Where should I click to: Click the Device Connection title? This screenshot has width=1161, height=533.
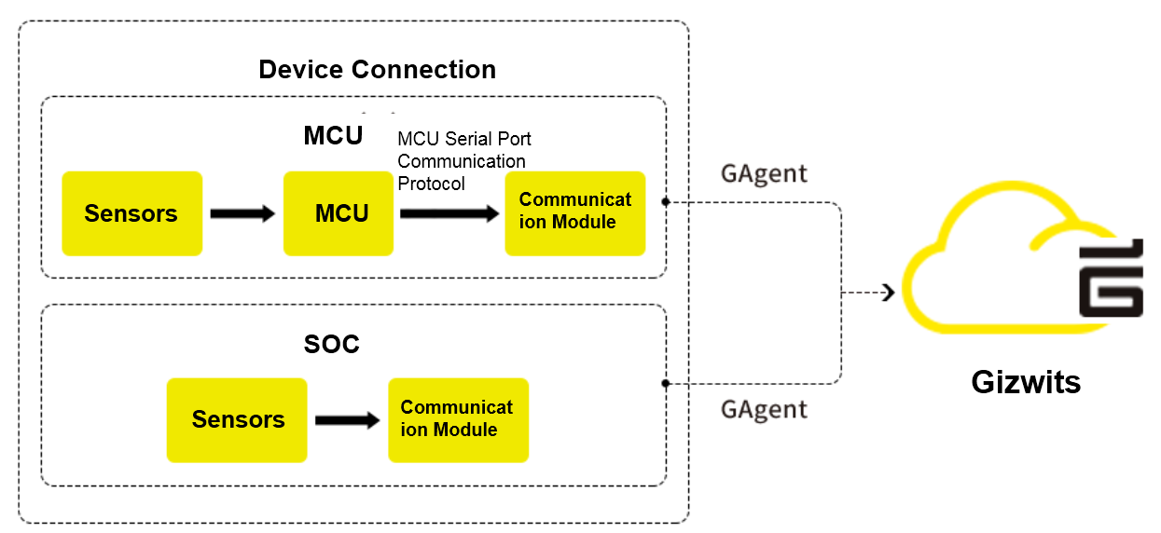pos(377,70)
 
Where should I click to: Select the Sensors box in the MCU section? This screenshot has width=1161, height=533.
pos(131,213)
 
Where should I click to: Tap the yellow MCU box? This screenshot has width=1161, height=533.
pos(339,213)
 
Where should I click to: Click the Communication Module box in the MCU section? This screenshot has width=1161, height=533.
pos(574,213)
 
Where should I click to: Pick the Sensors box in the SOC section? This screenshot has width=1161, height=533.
pos(237,420)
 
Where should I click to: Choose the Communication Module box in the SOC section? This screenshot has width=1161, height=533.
pos(458,420)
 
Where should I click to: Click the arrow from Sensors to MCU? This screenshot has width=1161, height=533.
pos(242,214)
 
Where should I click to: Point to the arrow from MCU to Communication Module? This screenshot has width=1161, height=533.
pos(449,214)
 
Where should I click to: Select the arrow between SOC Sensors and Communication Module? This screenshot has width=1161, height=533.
pos(348,421)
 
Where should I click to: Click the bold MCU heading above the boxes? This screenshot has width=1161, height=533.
pos(333,136)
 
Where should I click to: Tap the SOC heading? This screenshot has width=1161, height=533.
pos(331,345)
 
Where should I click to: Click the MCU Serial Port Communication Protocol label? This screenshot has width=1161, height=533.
pos(463,161)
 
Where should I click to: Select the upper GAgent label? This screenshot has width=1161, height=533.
pos(764,173)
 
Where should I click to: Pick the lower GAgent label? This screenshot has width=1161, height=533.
pos(764,409)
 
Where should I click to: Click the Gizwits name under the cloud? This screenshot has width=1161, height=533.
pos(1026,382)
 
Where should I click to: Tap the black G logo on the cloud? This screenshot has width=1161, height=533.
pos(1110,280)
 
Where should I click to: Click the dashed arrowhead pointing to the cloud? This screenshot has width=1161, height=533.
pos(888,293)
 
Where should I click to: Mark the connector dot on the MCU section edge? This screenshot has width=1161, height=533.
pos(666,201)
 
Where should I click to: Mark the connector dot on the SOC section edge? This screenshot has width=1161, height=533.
pos(666,383)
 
